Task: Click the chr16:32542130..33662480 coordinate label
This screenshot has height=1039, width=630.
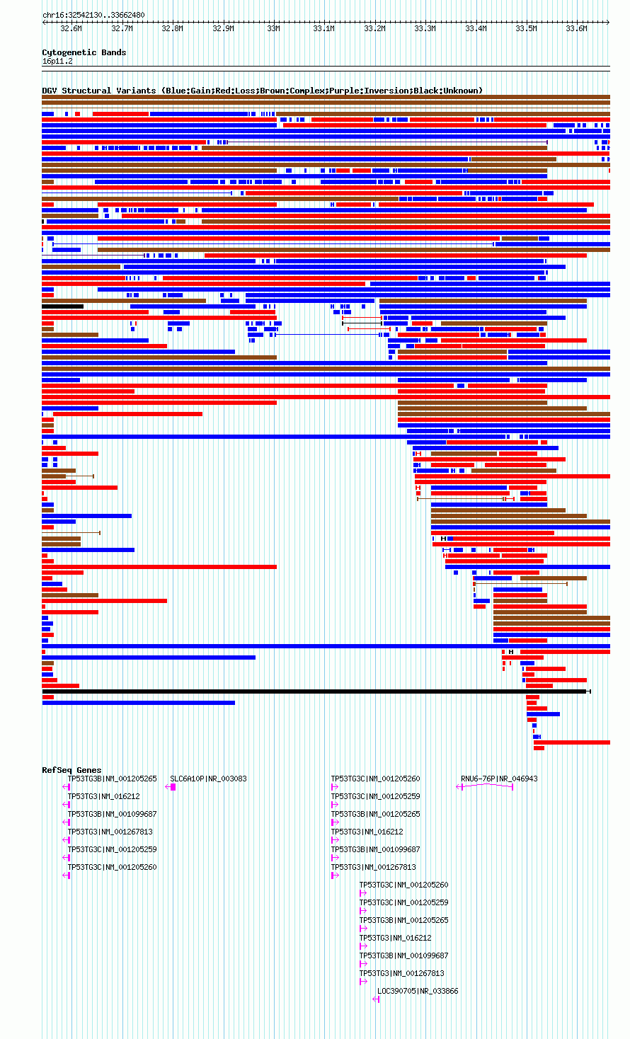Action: click(x=93, y=15)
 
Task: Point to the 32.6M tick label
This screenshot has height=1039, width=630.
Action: click(x=71, y=29)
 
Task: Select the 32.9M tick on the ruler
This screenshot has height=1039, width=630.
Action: click(x=223, y=29)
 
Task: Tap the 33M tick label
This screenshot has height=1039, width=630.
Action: click(x=274, y=29)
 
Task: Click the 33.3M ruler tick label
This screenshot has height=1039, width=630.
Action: click(x=425, y=29)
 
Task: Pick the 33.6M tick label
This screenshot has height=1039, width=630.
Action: click(x=576, y=29)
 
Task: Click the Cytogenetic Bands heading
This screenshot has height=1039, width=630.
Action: click(x=84, y=52)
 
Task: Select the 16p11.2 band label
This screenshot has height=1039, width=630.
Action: click(x=57, y=62)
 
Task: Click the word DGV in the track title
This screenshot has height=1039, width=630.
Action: click(x=49, y=91)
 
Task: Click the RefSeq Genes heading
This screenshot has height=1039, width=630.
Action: click(x=71, y=770)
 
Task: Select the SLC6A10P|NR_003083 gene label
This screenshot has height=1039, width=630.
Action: click(x=208, y=779)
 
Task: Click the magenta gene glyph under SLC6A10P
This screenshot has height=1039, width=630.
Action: click(x=171, y=787)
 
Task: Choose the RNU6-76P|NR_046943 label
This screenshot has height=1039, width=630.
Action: click(x=499, y=779)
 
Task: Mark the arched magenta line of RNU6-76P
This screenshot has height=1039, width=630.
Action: click(x=485, y=784)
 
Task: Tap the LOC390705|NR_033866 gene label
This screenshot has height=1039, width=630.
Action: click(x=418, y=991)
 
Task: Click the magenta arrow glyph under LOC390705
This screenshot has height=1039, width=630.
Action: click(x=377, y=999)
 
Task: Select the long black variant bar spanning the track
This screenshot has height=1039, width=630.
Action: click(x=316, y=691)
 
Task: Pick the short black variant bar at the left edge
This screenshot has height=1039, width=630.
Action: click(x=62, y=306)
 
